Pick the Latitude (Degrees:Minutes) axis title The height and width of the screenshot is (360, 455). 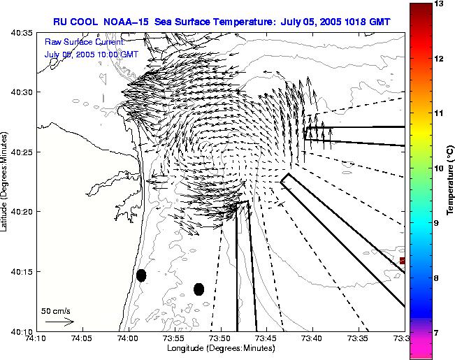[6, 181]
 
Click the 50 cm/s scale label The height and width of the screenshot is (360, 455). [56, 310]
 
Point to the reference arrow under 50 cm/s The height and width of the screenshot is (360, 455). [59, 322]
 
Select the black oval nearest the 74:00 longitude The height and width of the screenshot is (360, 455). [141, 275]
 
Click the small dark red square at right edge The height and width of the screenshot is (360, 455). [402, 261]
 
